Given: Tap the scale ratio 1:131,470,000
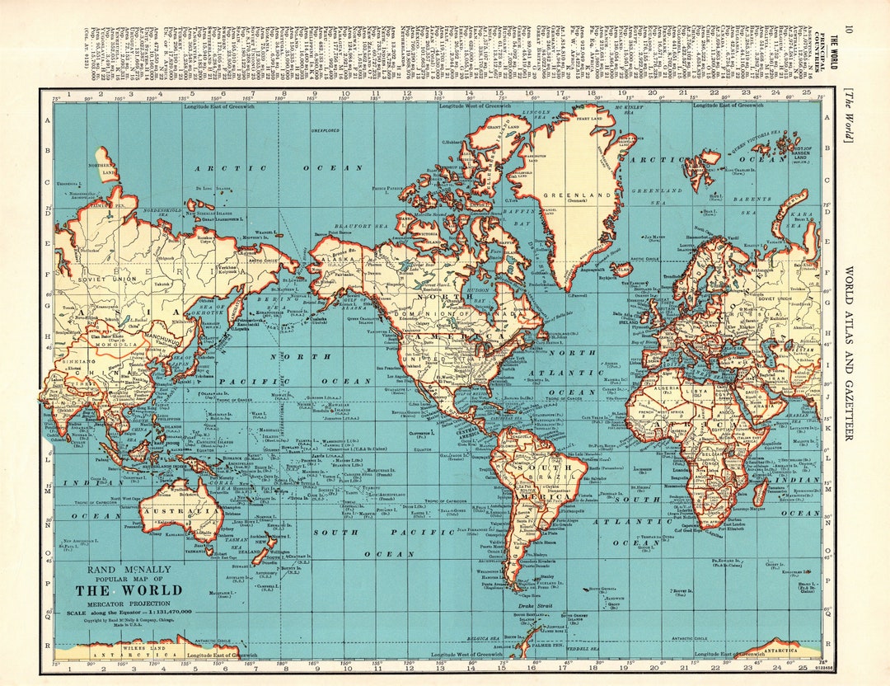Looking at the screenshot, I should [169, 611].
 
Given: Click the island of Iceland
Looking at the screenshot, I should [621, 269].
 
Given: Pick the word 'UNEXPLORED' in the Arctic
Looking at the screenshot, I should [326, 130].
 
